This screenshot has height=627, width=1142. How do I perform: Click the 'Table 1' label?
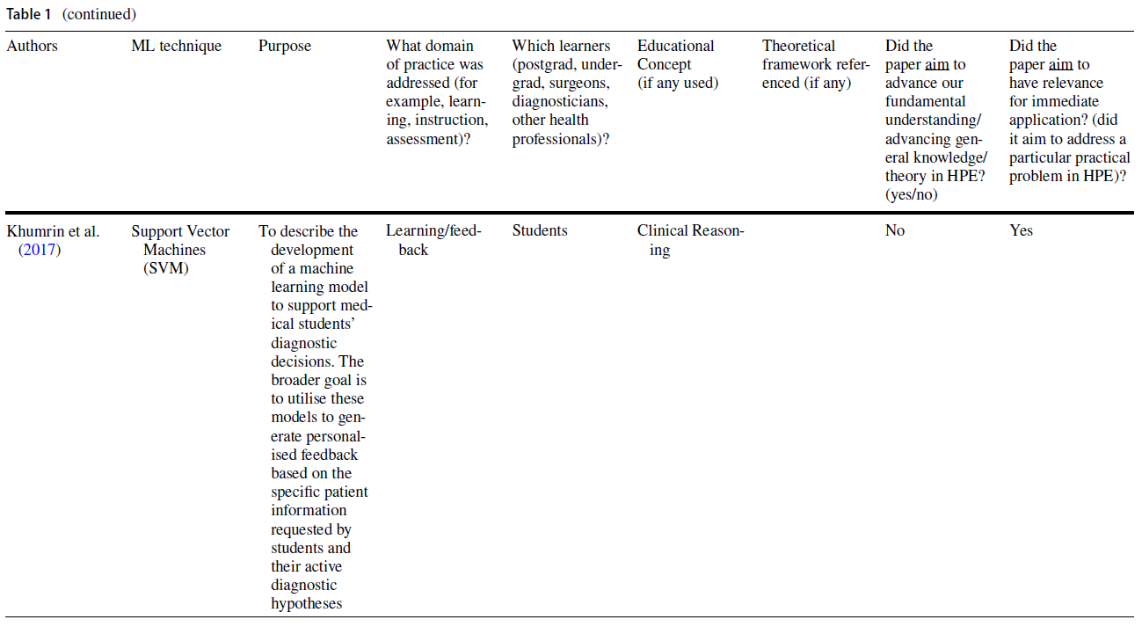tap(28, 14)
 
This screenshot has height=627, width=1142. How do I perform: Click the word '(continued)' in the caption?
tap(99, 14)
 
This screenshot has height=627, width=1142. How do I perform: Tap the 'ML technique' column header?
tap(176, 46)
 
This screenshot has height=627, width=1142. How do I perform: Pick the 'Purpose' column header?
tap(284, 46)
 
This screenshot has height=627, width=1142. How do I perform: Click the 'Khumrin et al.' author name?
tap(53, 231)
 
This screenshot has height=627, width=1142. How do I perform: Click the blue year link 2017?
tap(40, 250)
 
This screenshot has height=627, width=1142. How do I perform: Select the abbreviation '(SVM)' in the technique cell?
tap(166, 268)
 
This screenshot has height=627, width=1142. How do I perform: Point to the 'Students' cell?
tap(540, 231)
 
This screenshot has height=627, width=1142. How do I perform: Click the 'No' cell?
tap(895, 231)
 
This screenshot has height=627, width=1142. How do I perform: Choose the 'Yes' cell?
tap(1021, 231)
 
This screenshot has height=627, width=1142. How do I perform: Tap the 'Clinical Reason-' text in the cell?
tap(690, 231)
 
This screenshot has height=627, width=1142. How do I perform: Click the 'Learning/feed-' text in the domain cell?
tap(433, 231)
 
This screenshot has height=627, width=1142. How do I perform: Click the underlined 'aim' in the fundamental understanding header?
tap(937, 65)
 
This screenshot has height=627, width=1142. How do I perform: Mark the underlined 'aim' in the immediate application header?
tap(1061, 65)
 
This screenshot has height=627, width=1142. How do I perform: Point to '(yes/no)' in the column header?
tap(912, 194)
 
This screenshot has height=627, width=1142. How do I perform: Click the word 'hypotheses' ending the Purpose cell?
tap(306, 603)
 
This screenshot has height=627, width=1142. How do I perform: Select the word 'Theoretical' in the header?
tap(799, 46)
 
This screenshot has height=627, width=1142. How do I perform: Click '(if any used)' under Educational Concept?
tap(678, 84)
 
